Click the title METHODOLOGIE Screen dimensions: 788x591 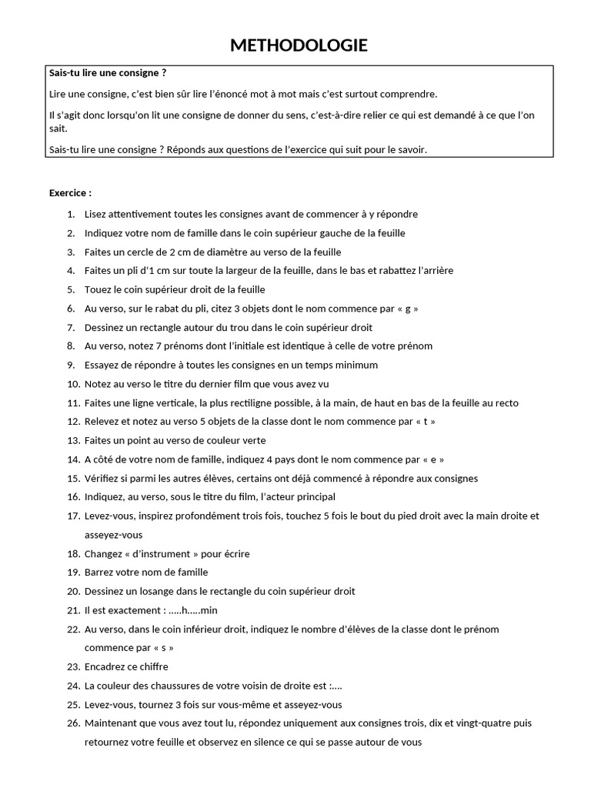299,46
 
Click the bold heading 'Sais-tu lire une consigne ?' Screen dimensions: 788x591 108,73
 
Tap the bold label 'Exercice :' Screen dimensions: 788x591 70,193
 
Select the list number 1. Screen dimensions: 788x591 71,214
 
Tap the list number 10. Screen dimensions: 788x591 73,384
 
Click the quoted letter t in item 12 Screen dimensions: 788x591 431,422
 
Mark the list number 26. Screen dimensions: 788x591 73,723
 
